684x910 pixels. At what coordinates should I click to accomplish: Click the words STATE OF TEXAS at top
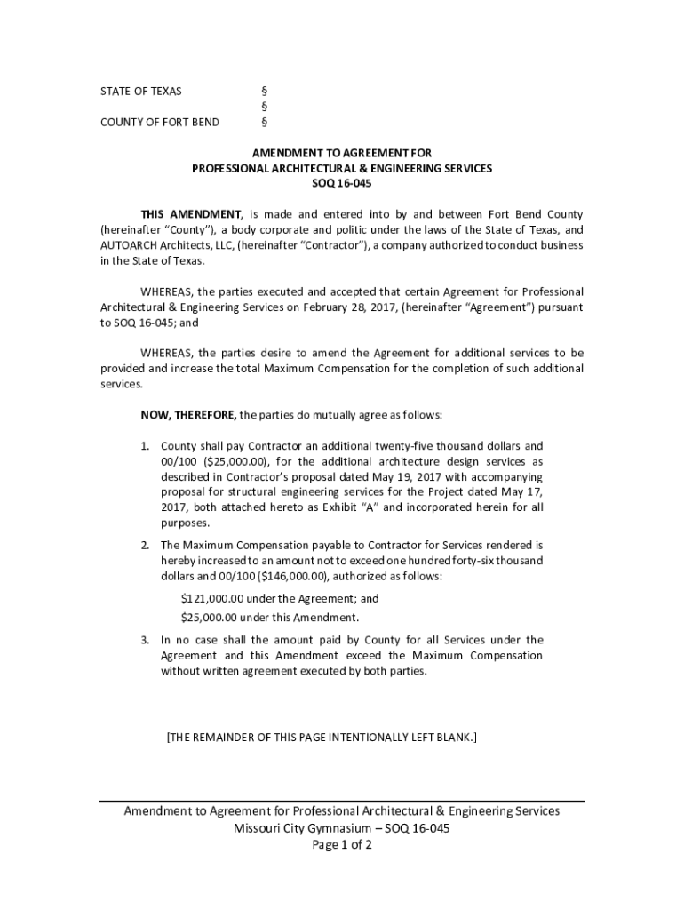140,92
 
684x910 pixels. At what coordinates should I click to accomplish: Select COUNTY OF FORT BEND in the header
159,122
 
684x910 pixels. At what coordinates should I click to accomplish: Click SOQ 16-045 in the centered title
342,184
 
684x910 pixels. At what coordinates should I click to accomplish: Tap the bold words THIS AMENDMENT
191,214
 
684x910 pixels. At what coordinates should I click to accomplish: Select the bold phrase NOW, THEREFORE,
189,415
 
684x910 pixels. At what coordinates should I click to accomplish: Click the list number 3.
145,640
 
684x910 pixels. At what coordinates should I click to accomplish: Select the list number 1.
145,445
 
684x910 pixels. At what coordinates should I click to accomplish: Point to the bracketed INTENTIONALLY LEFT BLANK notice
322,737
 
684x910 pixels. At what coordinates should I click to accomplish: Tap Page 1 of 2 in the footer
341,845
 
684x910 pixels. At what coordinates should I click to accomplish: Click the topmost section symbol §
264,92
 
